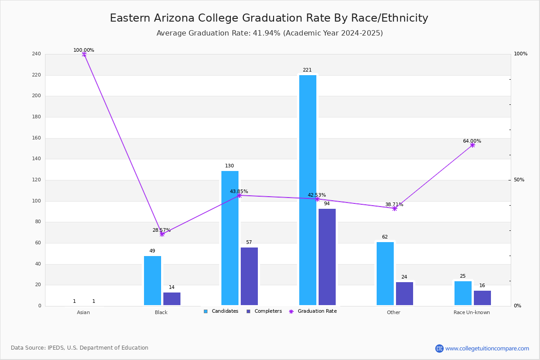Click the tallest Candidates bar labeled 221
tap(308, 190)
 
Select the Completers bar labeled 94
tap(327, 257)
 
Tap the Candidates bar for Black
tap(153, 281)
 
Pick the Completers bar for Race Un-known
tap(482, 298)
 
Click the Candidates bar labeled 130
tap(230, 238)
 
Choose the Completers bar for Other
tap(404, 294)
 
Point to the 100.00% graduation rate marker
tap(84, 54)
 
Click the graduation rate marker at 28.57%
tap(162, 234)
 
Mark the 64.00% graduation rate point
tap(472, 145)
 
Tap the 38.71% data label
tap(394, 204)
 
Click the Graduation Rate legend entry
tap(313, 311)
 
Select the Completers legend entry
tap(264, 311)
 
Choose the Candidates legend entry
tap(221, 311)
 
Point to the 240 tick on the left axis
tap(36, 54)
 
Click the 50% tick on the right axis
tap(519, 180)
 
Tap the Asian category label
tap(83, 312)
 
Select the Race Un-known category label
tap(472, 312)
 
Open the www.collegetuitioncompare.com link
tap(487, 348)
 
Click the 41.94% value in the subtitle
tap(266, 33)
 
